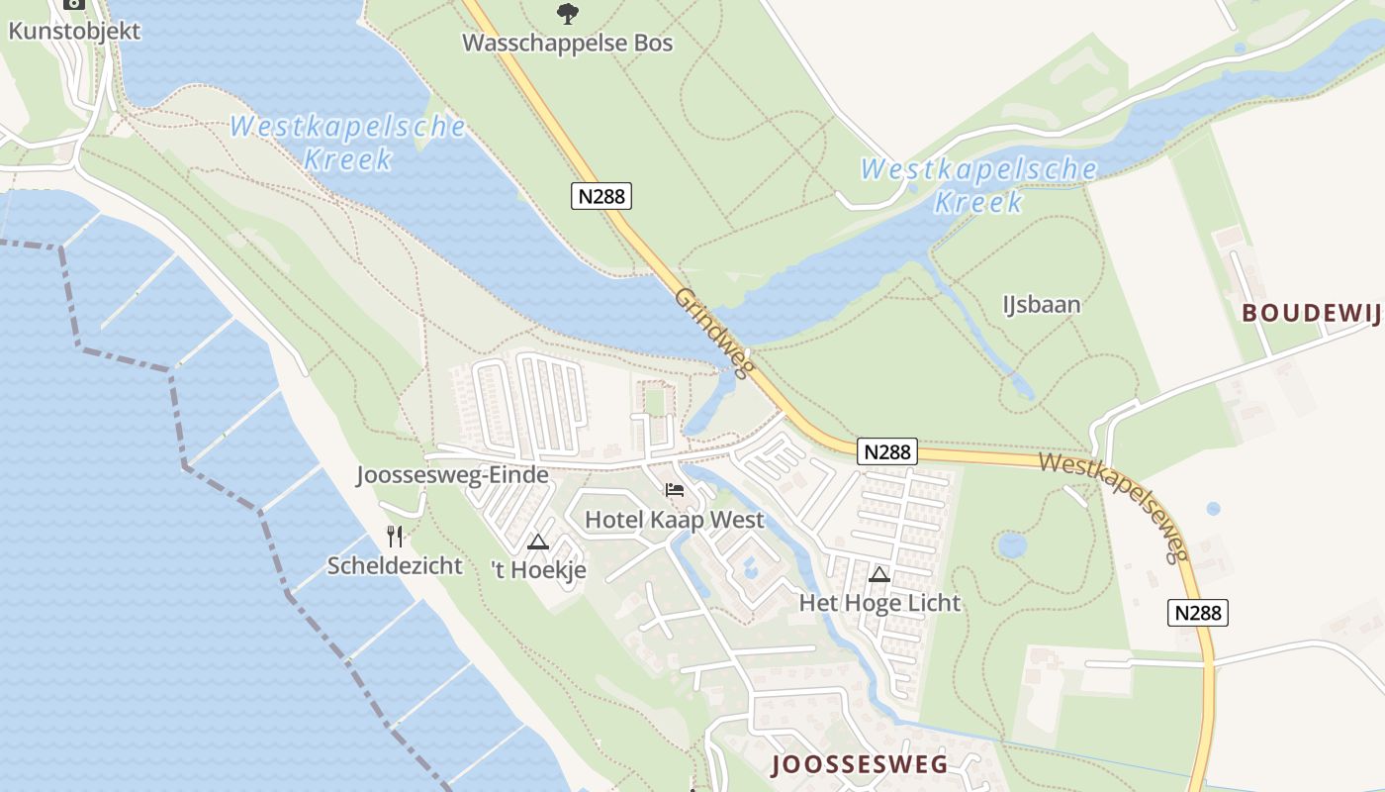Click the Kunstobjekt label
(x=74, y=31)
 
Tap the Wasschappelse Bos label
(x=567, y=44)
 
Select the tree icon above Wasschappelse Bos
(x=567, y=13)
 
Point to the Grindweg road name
(x=714, y=333)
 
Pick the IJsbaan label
(x=1041, y=304)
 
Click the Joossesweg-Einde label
(x=452, y=475)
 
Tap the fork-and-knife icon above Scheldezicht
(x=395, y=537)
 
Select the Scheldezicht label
(x=395, y=566)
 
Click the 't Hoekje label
(x=538, y=570)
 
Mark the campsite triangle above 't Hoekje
(x=537, y=542)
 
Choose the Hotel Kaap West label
(x=675, y=520)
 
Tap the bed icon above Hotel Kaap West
(x=675, y=490)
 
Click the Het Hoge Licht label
(x=879, y=603)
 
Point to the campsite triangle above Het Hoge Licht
(x=879, y=574)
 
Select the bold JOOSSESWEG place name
(x=860, y=764)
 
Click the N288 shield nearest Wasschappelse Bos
(x=601, y=196)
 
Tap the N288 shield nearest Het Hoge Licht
(x=886, y=452)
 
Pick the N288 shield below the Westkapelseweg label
(x=1198, y=613)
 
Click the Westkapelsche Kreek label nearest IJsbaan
(x=978, y=185)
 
